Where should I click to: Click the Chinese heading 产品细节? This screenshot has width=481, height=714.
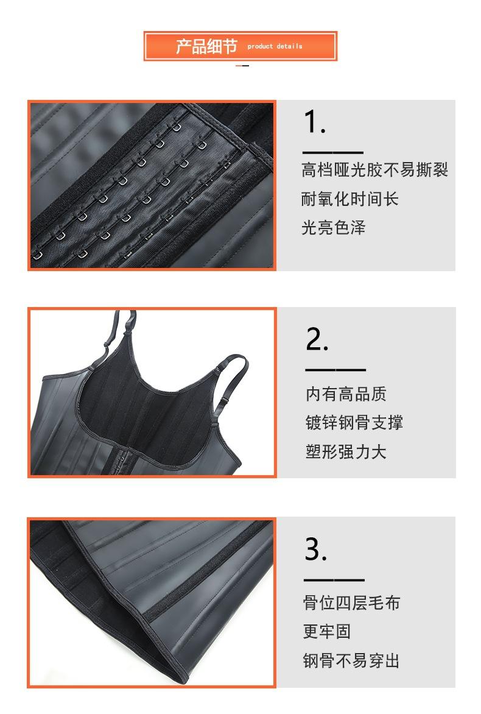point(206,46)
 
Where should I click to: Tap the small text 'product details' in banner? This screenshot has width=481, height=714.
point(275,46)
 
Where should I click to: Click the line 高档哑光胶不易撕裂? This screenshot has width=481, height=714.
point(374,169)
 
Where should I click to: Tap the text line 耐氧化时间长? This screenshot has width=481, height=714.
point(350,199)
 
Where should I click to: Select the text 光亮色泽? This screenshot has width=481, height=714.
point(334,228)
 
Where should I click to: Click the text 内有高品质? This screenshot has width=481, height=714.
point(346,394)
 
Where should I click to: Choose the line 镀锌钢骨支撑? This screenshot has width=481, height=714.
point(354,422)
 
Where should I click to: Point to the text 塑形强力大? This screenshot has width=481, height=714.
point(346,451)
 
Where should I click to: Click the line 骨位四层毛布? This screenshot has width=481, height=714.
point(351,603)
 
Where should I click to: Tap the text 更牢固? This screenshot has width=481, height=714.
point(327,631)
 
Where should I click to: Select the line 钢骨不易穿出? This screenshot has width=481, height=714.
point(351,660)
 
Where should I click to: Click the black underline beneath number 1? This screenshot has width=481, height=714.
point(332,153)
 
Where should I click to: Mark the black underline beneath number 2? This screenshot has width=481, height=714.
point(335,370)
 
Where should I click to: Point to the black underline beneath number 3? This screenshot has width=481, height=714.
point(334,580)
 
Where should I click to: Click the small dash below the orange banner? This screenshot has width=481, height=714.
point(242,65)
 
